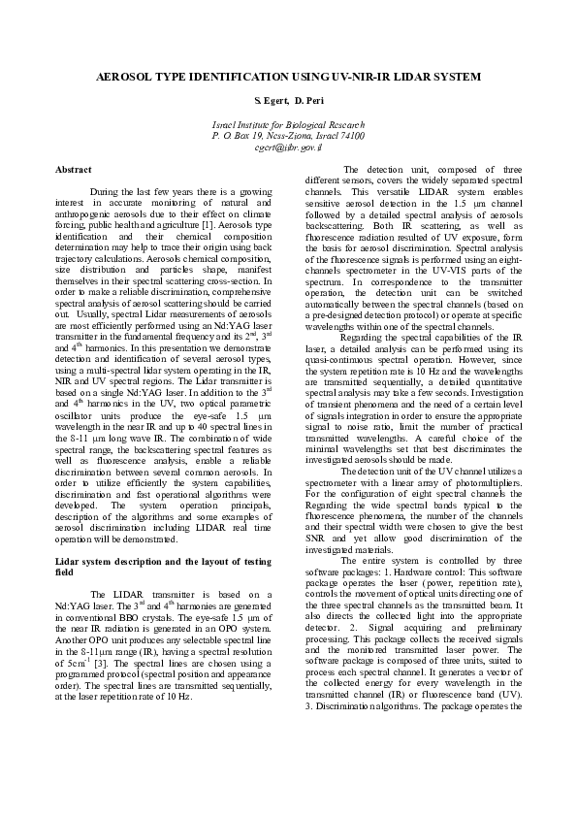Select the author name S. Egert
(x=269, y=102)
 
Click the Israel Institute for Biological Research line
(x=288, y=127)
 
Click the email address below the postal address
(x=288, y=148)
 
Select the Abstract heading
(x=74, y=170)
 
